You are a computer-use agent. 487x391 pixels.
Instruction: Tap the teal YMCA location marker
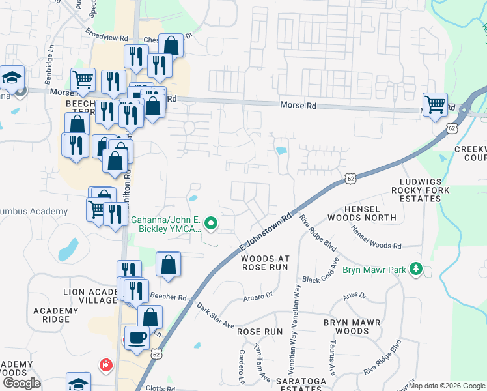(x=210, y=225)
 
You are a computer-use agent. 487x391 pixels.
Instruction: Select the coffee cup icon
(x=137, y=338)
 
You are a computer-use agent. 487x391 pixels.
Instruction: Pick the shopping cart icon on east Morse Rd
(x=434, y=104)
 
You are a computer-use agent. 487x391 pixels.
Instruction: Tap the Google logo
(x=21, y=383)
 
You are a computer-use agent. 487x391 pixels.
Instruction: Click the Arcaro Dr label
(x=258, y=297)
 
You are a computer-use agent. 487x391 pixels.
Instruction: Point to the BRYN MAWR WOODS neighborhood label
(x=346, y=327)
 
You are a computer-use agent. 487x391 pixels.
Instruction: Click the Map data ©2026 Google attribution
(x=447, y=386)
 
